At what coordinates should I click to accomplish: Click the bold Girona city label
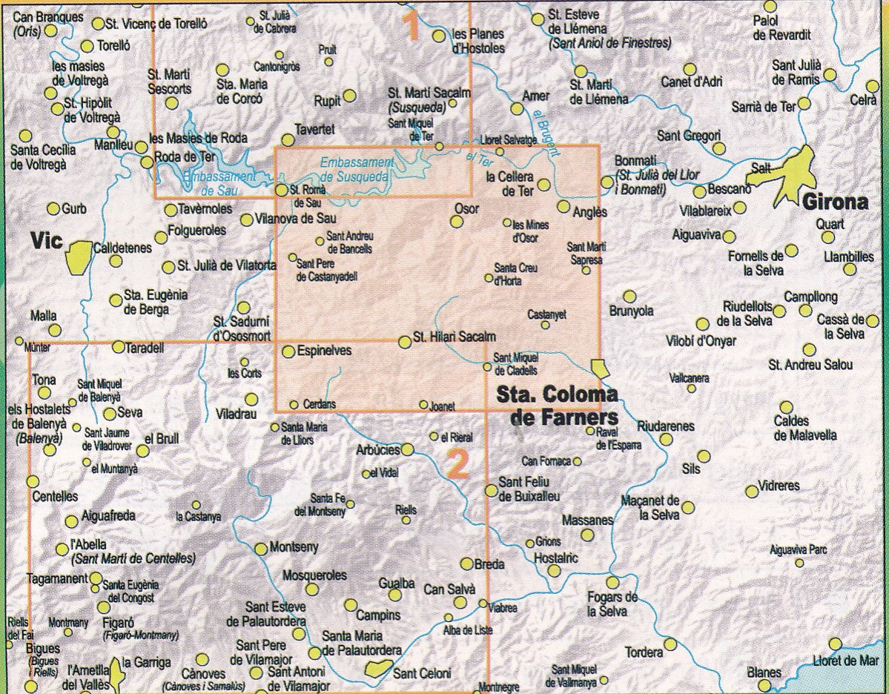point(835,202)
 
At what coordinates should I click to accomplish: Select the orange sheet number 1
point(410,24)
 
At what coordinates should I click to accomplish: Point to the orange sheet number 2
point(458,464)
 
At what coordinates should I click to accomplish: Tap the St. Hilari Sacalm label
point(454,337)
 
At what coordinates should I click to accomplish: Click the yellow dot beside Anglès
point(564,206)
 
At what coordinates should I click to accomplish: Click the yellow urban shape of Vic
point(79,257)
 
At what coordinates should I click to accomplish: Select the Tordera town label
point(644,652)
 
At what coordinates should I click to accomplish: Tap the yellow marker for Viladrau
point(251,399)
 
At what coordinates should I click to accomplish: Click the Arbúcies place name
point(378,449)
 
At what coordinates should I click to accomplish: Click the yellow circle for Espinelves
point(288,351)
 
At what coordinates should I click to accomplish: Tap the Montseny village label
point(294,547)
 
